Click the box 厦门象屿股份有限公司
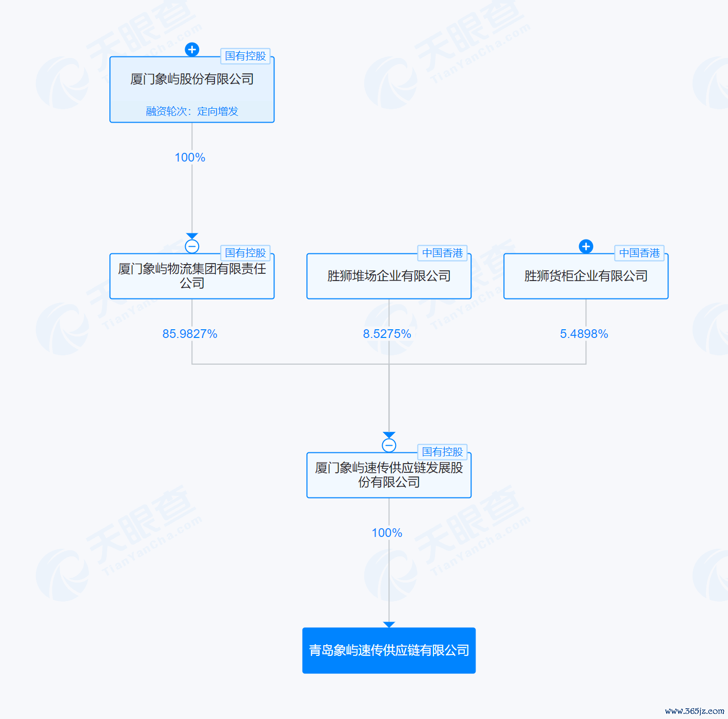[192, 90]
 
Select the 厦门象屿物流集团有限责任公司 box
[192, 276]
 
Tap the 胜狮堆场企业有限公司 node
[389, 276]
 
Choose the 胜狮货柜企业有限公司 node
[586, 276]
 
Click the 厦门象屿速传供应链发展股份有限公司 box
[389, 475]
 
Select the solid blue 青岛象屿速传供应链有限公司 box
[389, 650]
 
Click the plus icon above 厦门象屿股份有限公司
[192, 50]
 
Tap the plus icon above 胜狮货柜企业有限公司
[586, 247]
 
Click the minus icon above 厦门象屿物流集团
[192, 247]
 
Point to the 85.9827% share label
[190, 334]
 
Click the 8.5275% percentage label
[387, 334]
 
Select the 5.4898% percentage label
[584, 334]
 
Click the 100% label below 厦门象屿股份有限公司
[190, 157]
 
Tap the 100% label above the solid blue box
[387, 533]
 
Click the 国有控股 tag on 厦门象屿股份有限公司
[246, 56]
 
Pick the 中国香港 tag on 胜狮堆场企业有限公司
[442, 253]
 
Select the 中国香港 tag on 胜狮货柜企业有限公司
[640, 253]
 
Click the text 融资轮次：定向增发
[192, 111]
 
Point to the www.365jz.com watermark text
[694, 711]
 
